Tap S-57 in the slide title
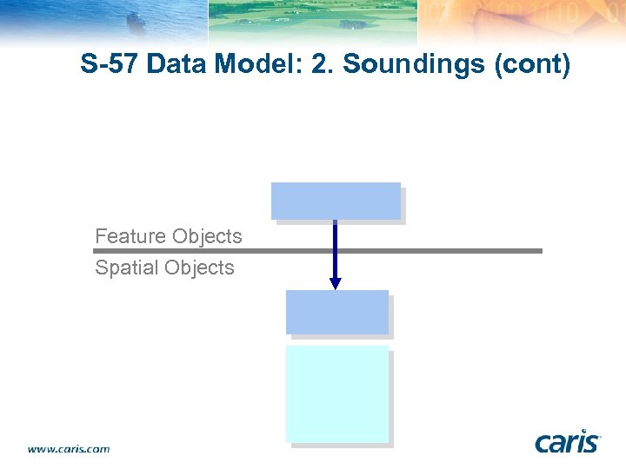[x=110, y=64]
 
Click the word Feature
[x=130, y=236]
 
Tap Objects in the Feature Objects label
[x=207, y=236]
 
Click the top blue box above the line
[x=336, y=201]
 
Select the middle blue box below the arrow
[x=337, y=312]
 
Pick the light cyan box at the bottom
[x=337, y=393]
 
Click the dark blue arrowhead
[x=336, y=283]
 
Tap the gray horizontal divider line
[x=435, y=251]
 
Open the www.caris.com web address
[x=69, y=449]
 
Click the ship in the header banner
[x=137, y=19]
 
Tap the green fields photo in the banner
[x=313, y=19]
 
